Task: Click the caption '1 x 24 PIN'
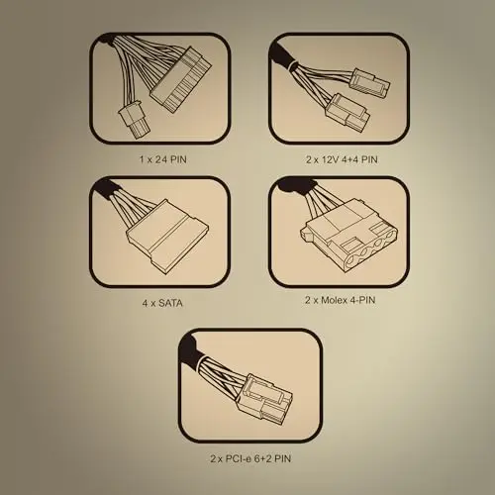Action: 162,159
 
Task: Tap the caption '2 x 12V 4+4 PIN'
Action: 342,159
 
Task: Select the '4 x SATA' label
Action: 162,303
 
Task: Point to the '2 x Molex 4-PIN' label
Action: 341,300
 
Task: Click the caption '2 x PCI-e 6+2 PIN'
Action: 250,458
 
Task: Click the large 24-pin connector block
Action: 181,79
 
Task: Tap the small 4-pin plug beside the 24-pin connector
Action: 133,121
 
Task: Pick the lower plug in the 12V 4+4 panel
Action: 349,111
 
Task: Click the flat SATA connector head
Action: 168,236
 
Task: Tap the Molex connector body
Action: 349,235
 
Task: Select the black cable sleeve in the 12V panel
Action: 283,56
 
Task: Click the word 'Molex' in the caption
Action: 334,300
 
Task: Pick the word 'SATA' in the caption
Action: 170,303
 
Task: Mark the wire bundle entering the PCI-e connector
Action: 221,375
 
